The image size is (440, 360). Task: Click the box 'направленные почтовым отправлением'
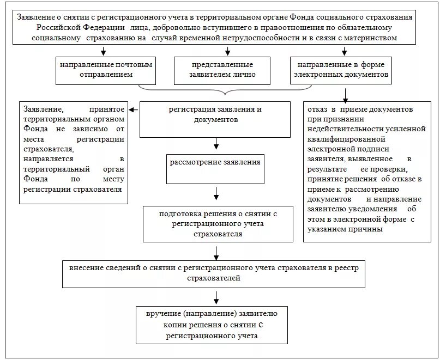tap(104, 70)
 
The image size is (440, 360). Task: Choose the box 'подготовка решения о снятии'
tap(218, 224)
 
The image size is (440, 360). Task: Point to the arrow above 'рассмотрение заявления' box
tap(217, 144)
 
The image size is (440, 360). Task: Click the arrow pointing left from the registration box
tap(134, 111)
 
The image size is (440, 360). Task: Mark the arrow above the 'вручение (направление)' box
tap(217, 297)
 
